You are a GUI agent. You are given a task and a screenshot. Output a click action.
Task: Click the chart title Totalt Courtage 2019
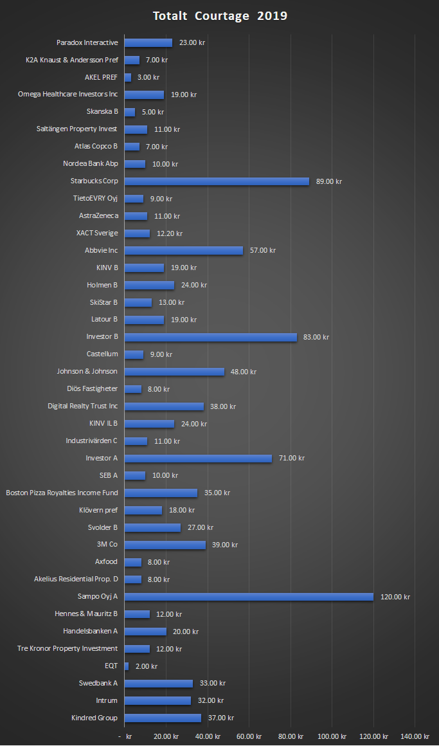(220, 16)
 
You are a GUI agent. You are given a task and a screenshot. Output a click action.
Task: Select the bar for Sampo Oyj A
(248, 597)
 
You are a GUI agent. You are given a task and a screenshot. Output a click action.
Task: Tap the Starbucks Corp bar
(217, 181)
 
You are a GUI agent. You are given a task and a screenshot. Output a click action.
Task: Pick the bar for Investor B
(210, 337)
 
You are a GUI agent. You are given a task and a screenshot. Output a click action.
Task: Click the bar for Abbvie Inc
(183, 250)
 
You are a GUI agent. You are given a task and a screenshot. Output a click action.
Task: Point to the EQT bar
(127, 666)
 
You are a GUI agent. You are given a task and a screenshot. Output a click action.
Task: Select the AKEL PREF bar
(127, 77)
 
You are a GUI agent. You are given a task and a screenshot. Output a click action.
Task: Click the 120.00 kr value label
(395, 597)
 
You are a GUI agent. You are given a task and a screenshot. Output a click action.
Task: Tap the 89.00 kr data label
(329, 181)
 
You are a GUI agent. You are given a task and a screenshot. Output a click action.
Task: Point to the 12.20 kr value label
(169, 233)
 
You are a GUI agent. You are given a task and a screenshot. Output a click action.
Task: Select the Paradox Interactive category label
(87, 42)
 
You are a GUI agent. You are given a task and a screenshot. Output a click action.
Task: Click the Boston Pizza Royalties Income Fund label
(62, 493)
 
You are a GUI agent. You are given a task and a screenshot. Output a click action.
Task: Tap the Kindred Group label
(94, 718)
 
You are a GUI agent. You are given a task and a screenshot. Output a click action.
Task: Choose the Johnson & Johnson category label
(87, 372)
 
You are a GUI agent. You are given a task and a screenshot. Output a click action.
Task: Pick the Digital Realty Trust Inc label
(83, 406)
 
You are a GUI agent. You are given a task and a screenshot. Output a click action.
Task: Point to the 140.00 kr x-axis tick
(415, 736)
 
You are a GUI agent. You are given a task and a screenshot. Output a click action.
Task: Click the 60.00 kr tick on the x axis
(249, 736)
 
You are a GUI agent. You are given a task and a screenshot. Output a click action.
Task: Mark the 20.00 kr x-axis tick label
(166, 736)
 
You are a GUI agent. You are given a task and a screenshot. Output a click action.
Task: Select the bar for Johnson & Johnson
(174, 372)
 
